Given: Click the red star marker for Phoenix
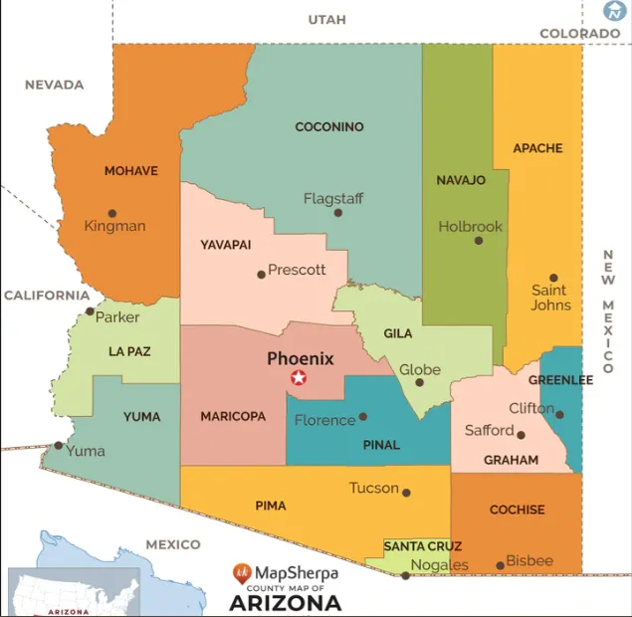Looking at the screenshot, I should (x=298, y=378).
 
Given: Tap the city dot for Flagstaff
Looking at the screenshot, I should (x=338, y=212).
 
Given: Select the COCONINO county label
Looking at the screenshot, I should (x=329, y=127).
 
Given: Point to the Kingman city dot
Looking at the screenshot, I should (x=112, y=213).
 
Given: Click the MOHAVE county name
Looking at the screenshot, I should (x=131, y=171).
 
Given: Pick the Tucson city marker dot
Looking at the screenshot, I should (x=406, y=490).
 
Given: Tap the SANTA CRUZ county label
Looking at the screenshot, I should (x=423, y=546).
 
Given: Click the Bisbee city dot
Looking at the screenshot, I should (x=501, y=565).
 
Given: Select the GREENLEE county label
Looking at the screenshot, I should (x=560, y=380).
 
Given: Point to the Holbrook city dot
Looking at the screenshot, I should (x=479, y=240).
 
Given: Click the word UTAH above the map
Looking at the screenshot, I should (x=326, y=20).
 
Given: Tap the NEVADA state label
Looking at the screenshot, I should (x=54, y=85).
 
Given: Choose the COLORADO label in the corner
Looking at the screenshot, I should (x=579, y=34).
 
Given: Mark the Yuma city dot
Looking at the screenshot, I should (x=58, y=445).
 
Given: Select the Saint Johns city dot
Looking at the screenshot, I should (x=553, y=279).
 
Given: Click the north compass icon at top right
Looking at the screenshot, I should (x=614, y=11).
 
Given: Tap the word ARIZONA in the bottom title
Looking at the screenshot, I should (x=285, y=603).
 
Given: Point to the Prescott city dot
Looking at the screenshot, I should (x=262, y=274).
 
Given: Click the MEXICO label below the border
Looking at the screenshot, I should (x=173, y=544).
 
